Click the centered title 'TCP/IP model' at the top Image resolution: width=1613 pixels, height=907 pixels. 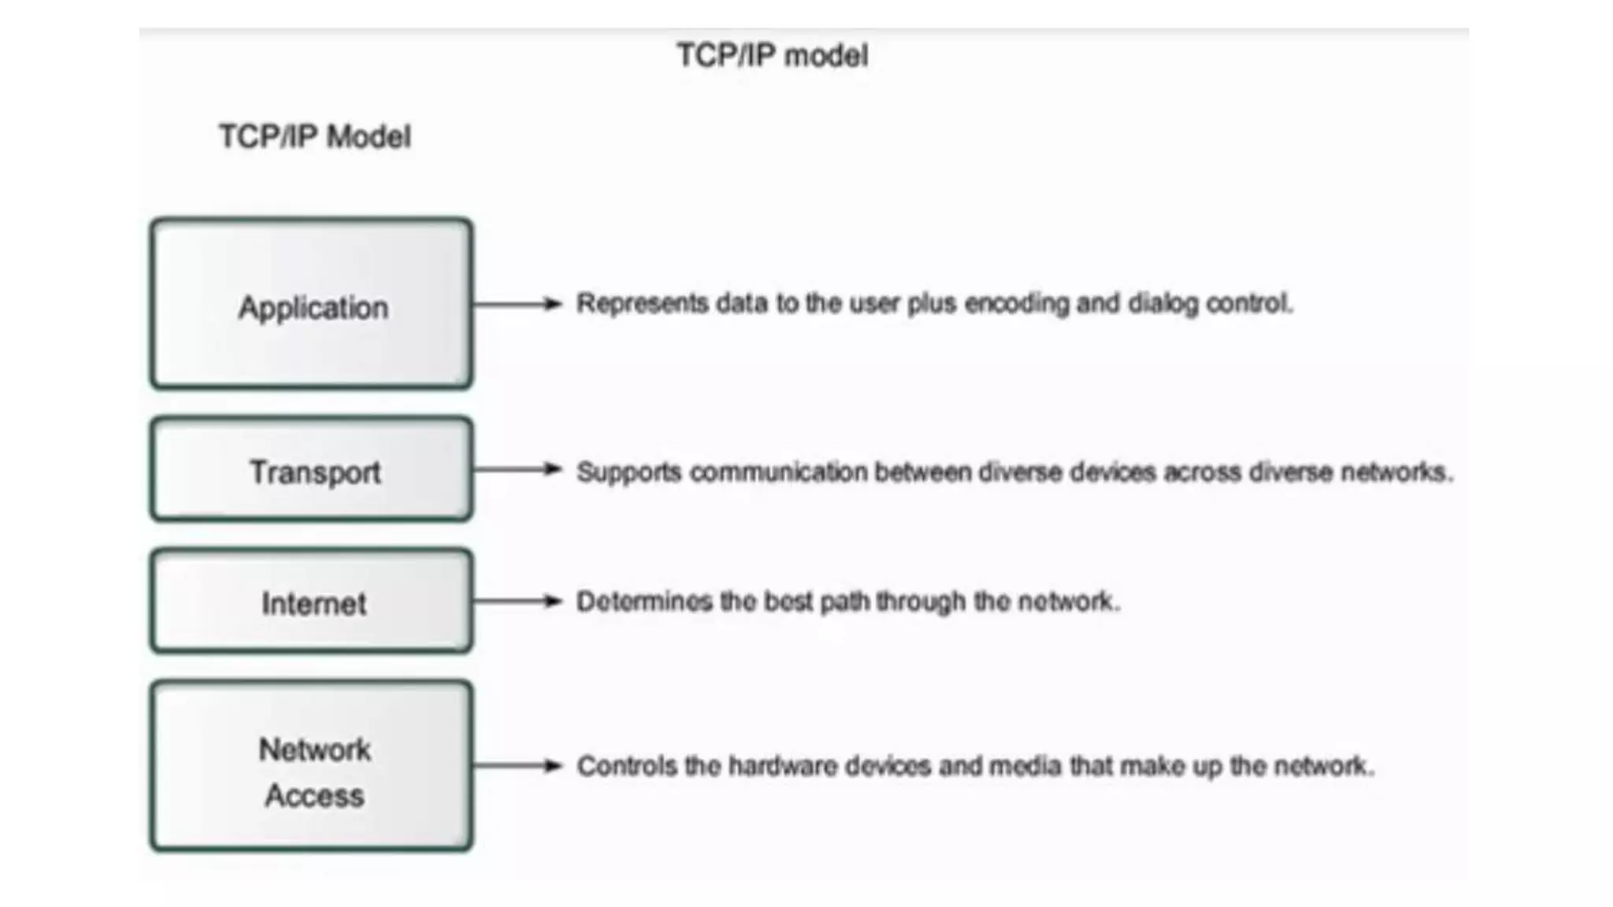tap(772, 56)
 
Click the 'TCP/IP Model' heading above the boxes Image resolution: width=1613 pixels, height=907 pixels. tap(315, 137)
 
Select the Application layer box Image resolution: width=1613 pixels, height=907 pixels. tap(312, 304)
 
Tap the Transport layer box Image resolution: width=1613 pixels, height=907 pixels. tap(312, 470)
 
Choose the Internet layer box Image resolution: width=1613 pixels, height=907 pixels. tap(312, 602)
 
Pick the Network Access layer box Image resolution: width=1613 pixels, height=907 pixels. tap(312, 766)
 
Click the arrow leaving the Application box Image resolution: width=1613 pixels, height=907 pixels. tap(517, 304)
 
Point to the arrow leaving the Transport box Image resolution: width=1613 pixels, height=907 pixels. tap(517, 470)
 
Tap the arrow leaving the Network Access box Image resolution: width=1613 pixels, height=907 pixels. tap(517, 766)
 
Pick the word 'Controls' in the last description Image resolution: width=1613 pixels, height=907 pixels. tap(626, 766)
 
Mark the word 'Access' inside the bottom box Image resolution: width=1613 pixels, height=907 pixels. tap(314, 796)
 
